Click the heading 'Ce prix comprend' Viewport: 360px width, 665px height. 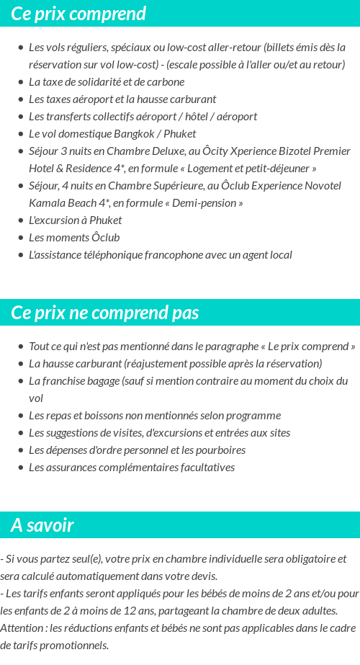pyautogui.click(x=78, y=14)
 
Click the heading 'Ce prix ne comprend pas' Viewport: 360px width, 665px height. pyautogui.click(x=105, y=313)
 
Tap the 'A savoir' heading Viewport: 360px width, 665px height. pyautogui.click(x=42, y=525)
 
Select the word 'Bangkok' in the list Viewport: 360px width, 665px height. pyautogui.click(x=135, y=133)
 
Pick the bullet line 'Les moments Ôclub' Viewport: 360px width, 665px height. pyautogui.click(x=74, y=237)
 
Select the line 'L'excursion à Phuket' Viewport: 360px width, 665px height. pyautogui.click(x=75, y=220)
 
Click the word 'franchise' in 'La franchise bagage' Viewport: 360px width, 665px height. pyautogui.click(x=63, y=380)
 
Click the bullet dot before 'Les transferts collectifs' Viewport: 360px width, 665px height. pyautogui.click(x=20, y=117)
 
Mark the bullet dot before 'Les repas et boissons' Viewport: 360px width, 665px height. pyautogui.click(x=20, y=416)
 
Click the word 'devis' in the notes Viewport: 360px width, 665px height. pyautogui.click(x=202, y=576)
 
